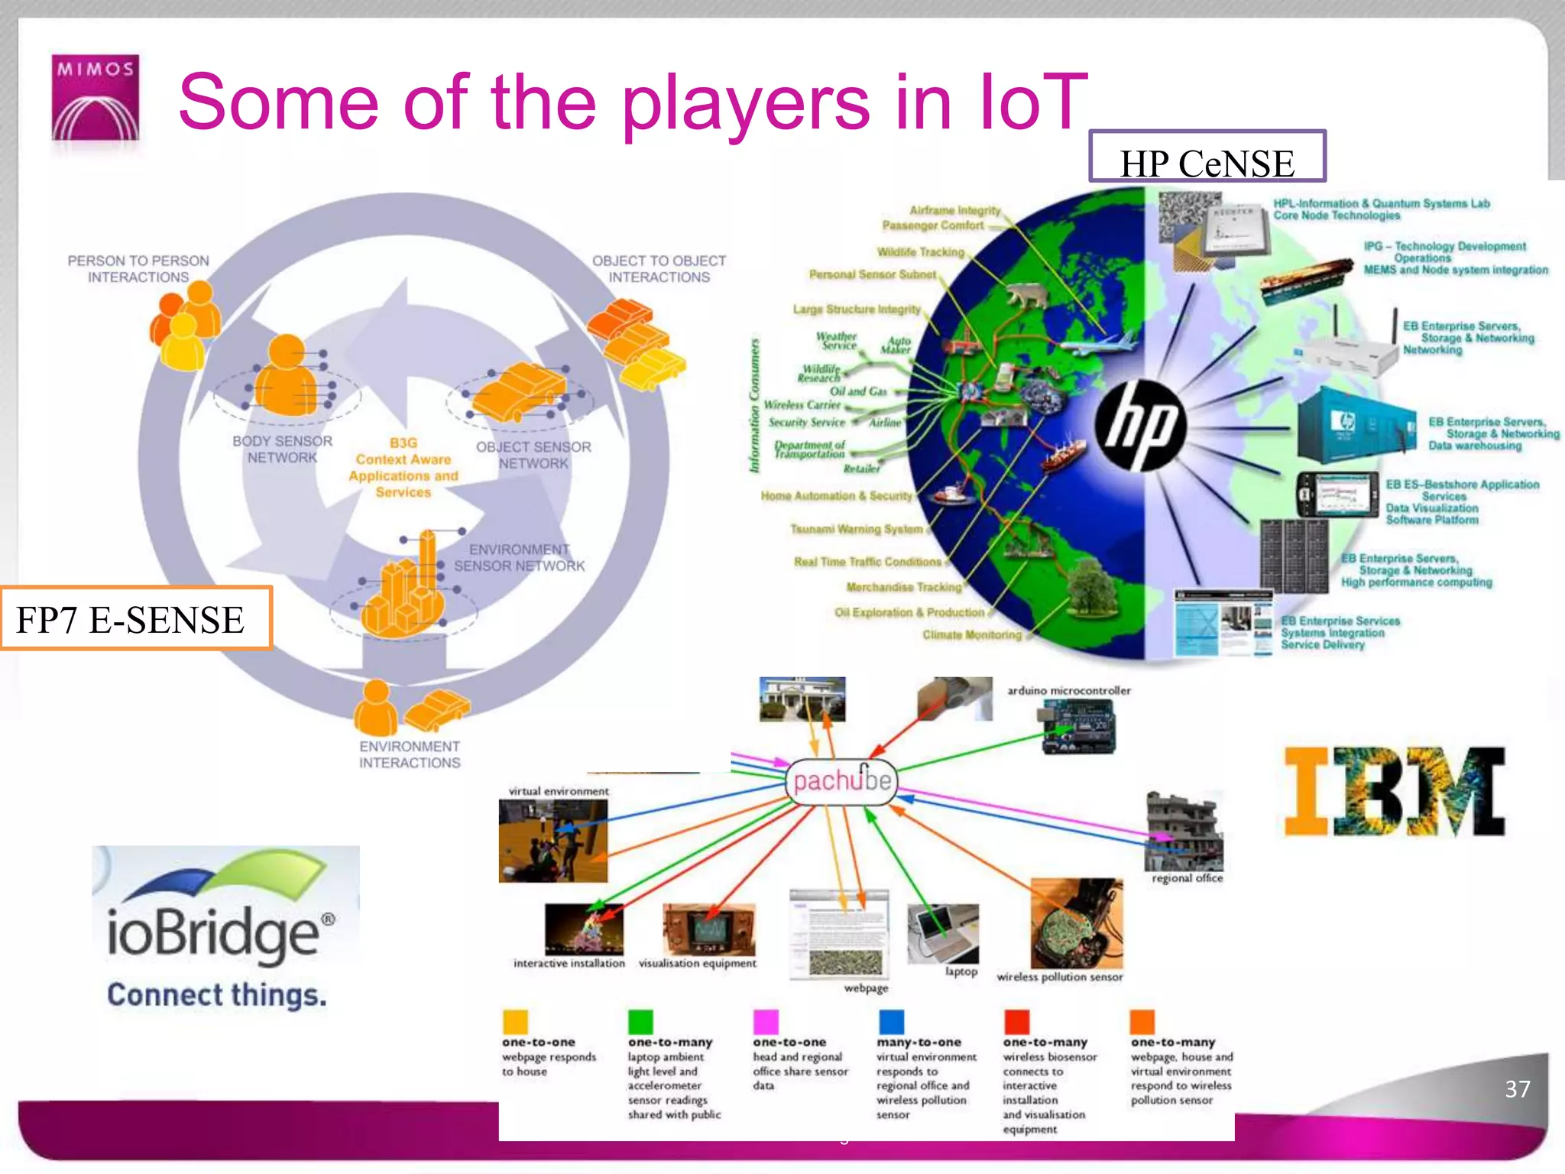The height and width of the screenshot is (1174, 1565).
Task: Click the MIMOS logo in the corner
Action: click(96, 97)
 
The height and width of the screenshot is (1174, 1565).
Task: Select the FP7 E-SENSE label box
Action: click(135, 618)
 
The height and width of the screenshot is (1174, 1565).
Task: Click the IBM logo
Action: click(1395, 791)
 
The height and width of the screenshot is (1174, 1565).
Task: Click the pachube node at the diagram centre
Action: click(841, 781)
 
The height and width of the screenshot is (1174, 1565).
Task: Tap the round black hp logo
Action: click(1140, 424)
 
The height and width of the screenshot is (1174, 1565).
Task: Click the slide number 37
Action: click(1517, 1088)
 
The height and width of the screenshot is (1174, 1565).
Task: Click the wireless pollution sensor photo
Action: click(1077, 923)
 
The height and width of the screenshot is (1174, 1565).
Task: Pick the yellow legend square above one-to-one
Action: click(515, 1021)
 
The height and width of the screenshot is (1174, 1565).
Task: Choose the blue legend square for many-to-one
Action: click(891, 1021)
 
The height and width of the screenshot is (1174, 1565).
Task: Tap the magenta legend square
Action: click(766, 1021)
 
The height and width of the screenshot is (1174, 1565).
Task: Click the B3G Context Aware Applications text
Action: click(403, 467)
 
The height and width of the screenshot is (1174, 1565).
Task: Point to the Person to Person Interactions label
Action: click(138, 268)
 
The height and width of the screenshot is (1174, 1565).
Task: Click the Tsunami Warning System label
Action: click(857, 529)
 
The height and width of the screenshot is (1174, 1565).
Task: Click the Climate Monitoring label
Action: click(971, 634)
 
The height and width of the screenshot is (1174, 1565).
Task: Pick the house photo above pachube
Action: click(802, 699)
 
